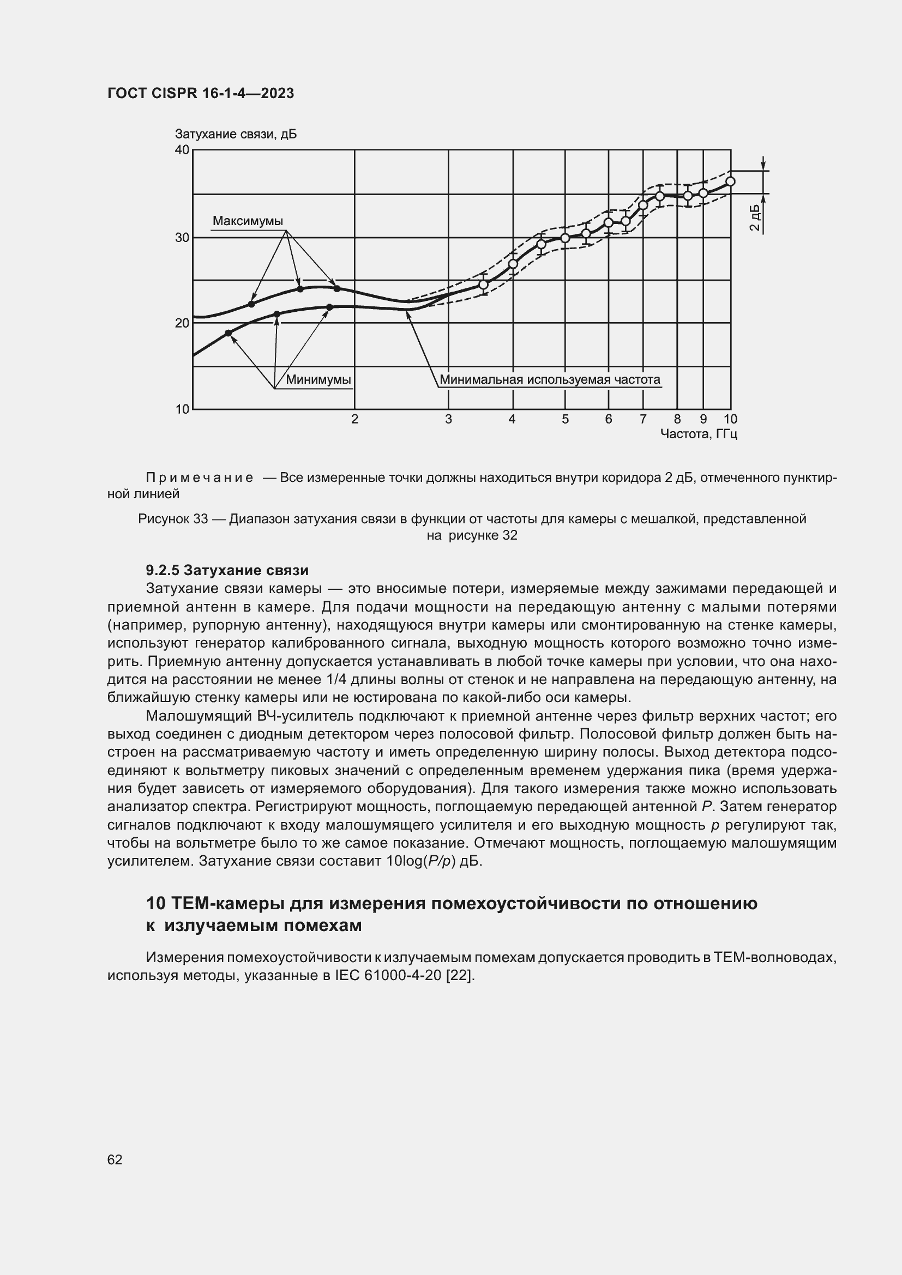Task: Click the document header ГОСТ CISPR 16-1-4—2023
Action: [201, 93]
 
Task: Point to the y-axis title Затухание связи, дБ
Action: [236, 135]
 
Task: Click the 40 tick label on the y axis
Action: [182, 150]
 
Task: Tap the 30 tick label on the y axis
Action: [182, 238]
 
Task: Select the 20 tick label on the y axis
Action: [182, 323]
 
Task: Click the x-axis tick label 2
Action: [355, 419]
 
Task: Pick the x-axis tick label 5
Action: [565, 419]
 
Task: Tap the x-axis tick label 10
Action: [730, 419]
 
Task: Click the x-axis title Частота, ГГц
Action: [698, 434]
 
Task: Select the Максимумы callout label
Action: [248, 221]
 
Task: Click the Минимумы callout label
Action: [318, 380]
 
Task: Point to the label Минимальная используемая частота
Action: [550, 380]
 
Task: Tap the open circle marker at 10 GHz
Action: [730, 182]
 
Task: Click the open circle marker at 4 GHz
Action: [513, 264]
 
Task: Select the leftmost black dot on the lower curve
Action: [228, 333]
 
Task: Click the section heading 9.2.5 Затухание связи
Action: [227, 570]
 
